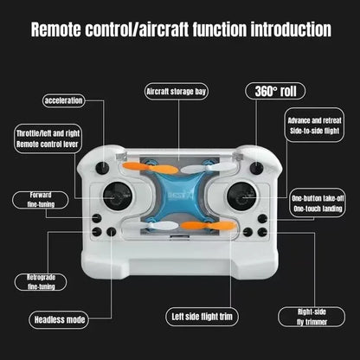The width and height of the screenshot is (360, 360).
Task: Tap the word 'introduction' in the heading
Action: [x=280, y=30]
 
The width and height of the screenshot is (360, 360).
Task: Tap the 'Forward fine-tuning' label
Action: [x=42, y=199]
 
